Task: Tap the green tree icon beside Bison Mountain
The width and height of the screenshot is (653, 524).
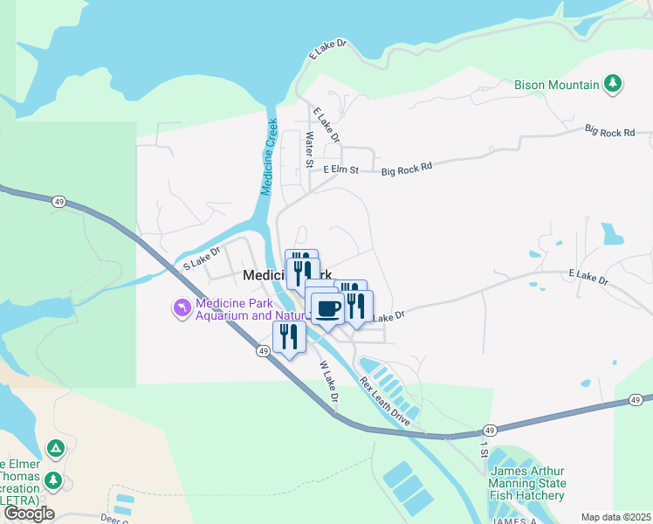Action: (615, 84)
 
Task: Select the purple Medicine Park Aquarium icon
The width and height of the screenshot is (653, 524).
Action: (182, 309)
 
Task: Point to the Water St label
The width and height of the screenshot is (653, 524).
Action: (309, 149)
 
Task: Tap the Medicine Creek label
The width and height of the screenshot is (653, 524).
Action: (270, 156)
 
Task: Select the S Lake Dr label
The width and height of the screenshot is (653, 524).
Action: (198, 259)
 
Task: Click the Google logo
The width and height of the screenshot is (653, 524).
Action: (29, 514)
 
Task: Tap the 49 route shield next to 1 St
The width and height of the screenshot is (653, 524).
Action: (489, 431)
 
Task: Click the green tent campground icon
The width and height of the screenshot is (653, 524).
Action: (55, 449)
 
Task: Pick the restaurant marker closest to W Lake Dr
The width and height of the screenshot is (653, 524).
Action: (289, 337)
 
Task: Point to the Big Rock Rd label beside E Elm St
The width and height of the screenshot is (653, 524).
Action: (408, 169)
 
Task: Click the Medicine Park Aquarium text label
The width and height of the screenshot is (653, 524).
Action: (236, 309)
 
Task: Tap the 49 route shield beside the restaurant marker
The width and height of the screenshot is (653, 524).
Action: (263, 350)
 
